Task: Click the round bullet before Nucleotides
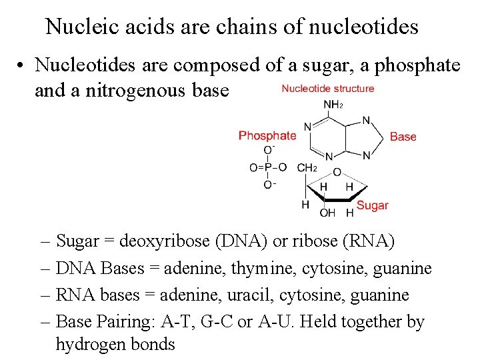click(23, 65)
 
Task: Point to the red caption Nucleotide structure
click(327, 88)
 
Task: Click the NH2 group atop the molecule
click(333, 104)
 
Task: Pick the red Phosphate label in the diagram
click(267, 135)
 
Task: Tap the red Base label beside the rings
click(403, 137)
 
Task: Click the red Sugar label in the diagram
click(372, 205)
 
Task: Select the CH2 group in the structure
click(307, 168)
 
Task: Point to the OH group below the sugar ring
click(327, 213)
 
